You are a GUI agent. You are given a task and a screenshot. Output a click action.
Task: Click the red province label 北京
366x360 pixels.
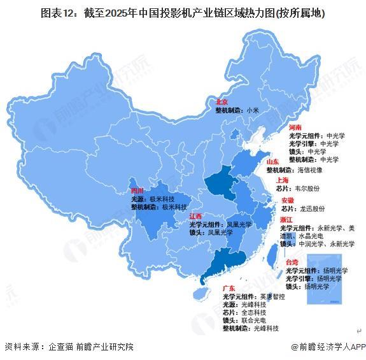click(222, 101)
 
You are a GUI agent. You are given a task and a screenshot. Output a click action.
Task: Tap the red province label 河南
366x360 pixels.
click(295, 127)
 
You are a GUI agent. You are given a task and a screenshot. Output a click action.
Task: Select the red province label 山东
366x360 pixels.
click(274, 162)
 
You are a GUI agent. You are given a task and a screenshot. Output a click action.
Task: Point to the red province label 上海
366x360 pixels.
click(283, 180)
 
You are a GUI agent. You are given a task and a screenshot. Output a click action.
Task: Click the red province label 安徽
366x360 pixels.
click(288, 200)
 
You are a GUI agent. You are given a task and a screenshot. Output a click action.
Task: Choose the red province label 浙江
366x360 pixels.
click(286, 219)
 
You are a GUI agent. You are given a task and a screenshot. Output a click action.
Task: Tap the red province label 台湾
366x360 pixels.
click(292, 262)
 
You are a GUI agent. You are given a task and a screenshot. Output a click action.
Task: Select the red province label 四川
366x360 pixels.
click(137, 191)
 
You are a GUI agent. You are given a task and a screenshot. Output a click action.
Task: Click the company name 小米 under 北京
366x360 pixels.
click(253, 110)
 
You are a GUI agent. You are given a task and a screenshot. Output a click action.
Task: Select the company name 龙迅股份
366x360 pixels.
click(312, 208)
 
